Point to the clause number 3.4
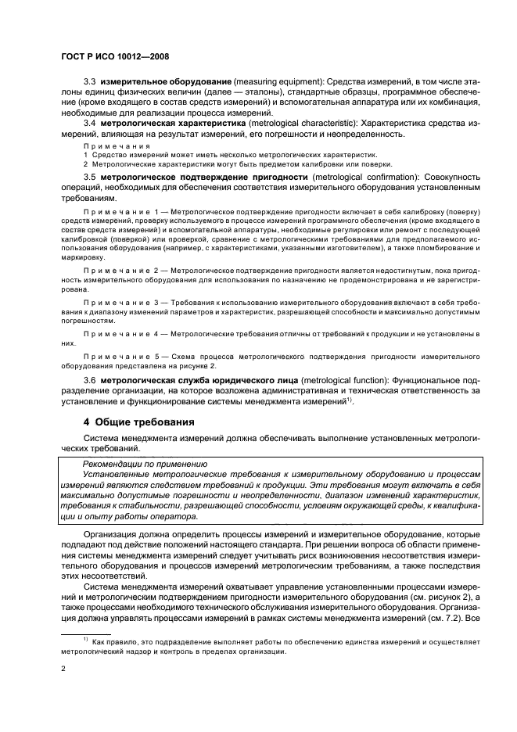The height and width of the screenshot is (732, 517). [90, 123]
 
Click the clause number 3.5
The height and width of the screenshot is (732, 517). [90, 178]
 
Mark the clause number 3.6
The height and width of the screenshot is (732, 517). [90, 379]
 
